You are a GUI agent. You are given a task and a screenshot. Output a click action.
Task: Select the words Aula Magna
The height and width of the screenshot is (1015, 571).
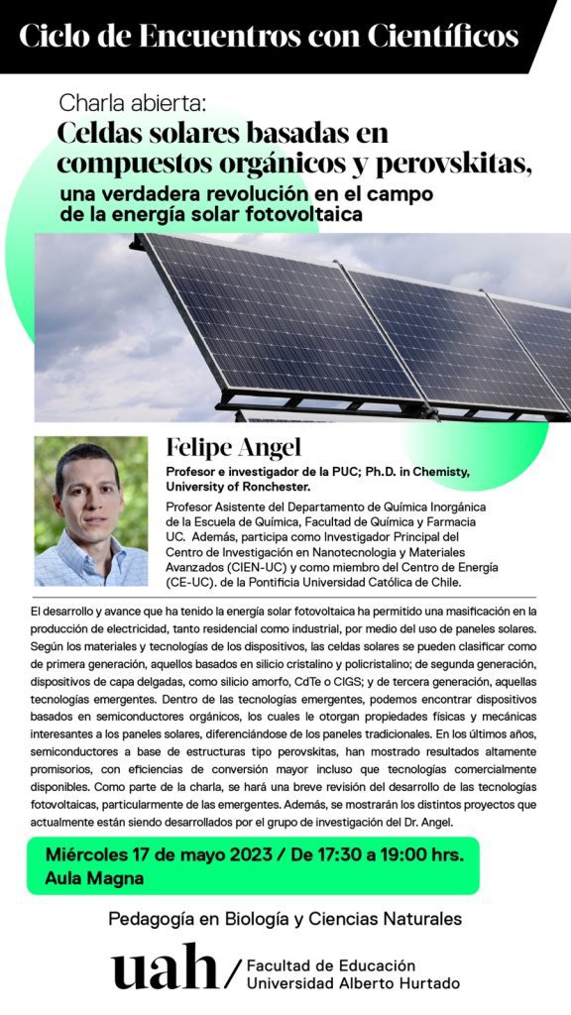tap(95, 878)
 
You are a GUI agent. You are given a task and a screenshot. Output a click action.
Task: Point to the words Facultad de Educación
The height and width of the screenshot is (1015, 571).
tap(330, 964)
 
